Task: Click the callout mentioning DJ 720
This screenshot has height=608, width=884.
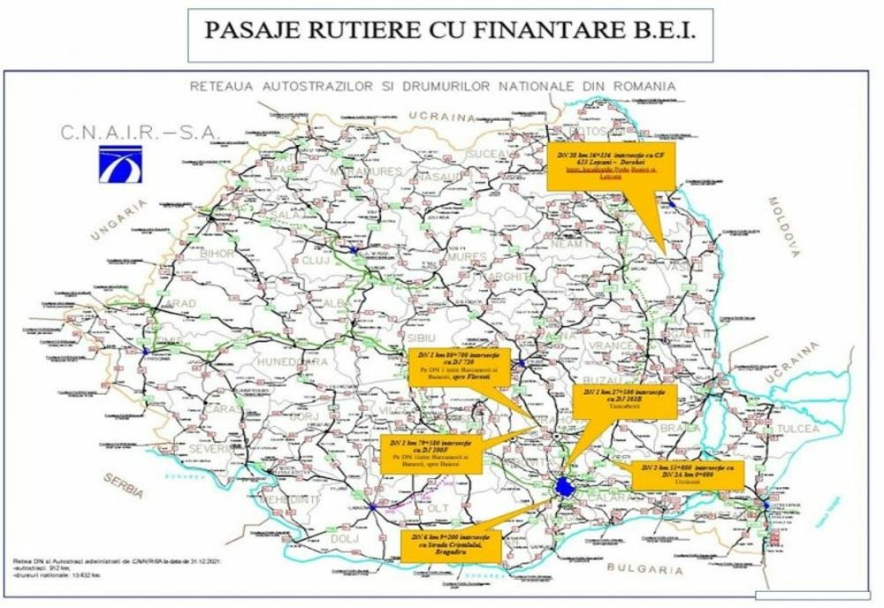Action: click(448, 366)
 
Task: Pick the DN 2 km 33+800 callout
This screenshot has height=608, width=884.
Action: click(689, 475)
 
